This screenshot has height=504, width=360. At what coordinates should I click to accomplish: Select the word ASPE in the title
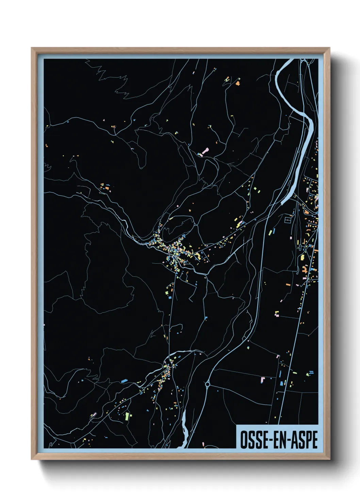click(x=304, y=440)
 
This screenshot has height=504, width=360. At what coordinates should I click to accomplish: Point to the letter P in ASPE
click(x=308, y=440)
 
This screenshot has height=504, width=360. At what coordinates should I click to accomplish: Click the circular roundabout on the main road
click(x=207, y=384)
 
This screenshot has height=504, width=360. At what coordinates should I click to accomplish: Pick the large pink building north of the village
click(x=205, y=151)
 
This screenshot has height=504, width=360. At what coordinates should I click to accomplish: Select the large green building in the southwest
click(x=127, y=416)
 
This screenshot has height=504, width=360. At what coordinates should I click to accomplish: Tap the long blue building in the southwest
click(x=124, y=381)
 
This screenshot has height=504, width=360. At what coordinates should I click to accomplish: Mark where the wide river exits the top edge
click(x=289, y=61)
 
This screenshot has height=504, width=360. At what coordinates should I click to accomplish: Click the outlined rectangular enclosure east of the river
click(x=288, y=220)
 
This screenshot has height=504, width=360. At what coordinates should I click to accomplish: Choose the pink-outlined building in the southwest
click(x=94, y=414)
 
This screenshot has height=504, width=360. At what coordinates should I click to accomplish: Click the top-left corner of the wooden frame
click(x=32, y=48)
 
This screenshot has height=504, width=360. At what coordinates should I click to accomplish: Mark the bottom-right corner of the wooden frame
click(x=330, y=459)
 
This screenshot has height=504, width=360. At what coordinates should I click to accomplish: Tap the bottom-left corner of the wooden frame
click(x=32, y=459)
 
